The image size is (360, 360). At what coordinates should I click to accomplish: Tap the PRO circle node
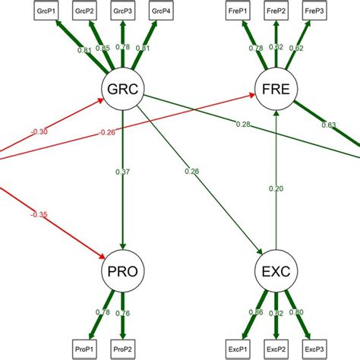[x=123, y=270]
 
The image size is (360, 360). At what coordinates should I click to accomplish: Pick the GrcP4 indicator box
[x=160, y=11]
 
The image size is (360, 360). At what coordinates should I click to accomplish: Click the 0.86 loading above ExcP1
[x=257, y=312]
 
